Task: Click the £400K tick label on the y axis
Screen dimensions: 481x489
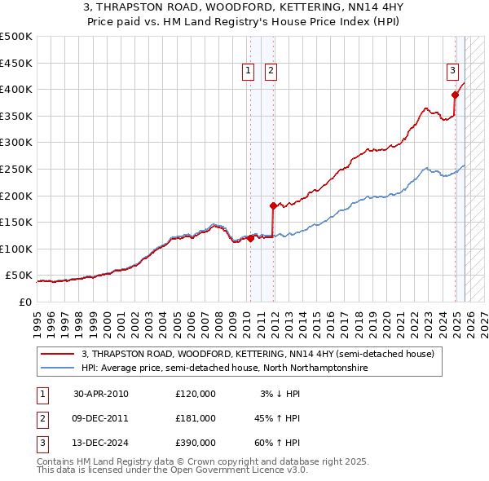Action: coord(15,89)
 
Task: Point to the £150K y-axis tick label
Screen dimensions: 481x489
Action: coord(15,222)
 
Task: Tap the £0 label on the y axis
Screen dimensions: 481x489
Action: coord(25,302)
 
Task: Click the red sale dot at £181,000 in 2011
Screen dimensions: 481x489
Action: coord(273,205)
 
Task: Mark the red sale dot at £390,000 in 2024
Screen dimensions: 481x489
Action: coord(455,95)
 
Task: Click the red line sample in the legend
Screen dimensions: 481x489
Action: coord(58,355)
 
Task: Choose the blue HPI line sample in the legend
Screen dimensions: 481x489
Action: coord(58,368)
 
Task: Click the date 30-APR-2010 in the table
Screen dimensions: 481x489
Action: coord(101,394)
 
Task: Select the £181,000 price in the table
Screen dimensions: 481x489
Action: coord(196,418)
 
